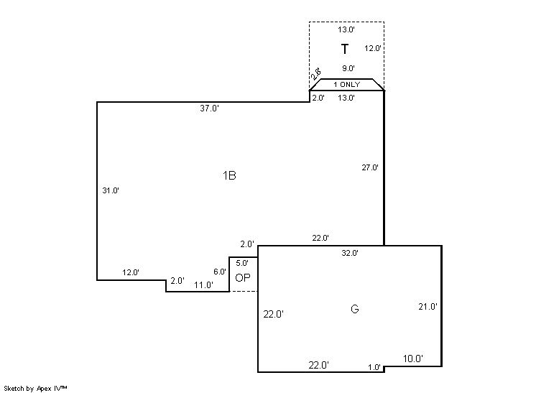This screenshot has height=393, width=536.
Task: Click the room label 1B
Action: pyautogui.click(x=229, y=175)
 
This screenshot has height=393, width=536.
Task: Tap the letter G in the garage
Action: pyautogui.click(x=354, y=309)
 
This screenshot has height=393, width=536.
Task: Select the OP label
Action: pyautogui.click(x=243, y=277)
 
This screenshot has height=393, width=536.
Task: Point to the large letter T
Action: pyautogui.click(x=345, y=50)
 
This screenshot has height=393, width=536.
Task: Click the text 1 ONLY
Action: pyautogui.click(x=346, y=85)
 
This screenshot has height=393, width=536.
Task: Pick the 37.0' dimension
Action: pyautogui.click(x=209, y=108)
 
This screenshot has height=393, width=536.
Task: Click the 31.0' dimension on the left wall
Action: pyautogui.click(x=111, y=191)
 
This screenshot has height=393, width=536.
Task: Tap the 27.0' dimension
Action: pyautogui.click(x=369, y=167)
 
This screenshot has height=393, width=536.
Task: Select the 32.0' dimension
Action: pyautogui.click(x=350, y=253)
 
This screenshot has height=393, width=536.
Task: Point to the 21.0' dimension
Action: pyautogui.click(x=428, y=307)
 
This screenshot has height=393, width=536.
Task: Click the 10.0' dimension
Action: pyautogui.click(x=412, y=359)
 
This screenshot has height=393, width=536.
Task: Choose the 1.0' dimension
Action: pyautogui.click(x=374, y=367)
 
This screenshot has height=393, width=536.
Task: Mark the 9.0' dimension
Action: pyautogui.click(x=348, y=69)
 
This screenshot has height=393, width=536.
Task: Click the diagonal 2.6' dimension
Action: pyautogui.click(x=315, y=74)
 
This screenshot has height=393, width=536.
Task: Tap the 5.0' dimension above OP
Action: pyautogui.click(x=241, y=263)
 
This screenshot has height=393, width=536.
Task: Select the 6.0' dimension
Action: pyautogui.click(x=220, y=272)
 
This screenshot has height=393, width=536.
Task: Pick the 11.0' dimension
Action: pyautogui.click(x=203, y=285)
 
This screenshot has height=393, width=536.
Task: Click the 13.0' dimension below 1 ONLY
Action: pyautogui.click(x=346, y=98)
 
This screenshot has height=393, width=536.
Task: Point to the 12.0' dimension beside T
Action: pyautogui.click(x=372, y=49)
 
